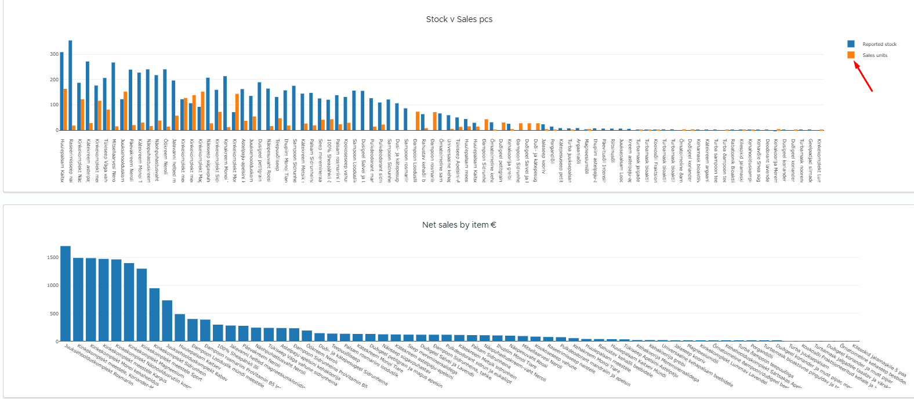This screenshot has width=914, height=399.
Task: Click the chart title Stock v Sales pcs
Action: click(x=459, y=19)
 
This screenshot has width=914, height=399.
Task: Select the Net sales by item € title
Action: click(x=459, y=225)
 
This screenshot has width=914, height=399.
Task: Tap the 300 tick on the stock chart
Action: click(x=54, y=54)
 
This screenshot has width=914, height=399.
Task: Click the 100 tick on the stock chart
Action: click(x=54, y=105)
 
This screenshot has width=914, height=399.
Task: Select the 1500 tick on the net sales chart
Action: click(x=53, y=257)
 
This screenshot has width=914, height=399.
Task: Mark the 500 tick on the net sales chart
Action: click(x=54, y=314)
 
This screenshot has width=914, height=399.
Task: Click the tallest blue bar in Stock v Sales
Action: click(x=70, y=85)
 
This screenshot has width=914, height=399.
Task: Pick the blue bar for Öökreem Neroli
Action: click(x=165, y=99)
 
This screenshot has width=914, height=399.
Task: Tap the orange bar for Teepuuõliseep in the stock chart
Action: click(x=280, y=124)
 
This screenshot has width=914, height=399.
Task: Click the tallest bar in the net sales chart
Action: click(x=66, y=293)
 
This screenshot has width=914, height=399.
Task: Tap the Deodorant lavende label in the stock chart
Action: click(x=767, y=160)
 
